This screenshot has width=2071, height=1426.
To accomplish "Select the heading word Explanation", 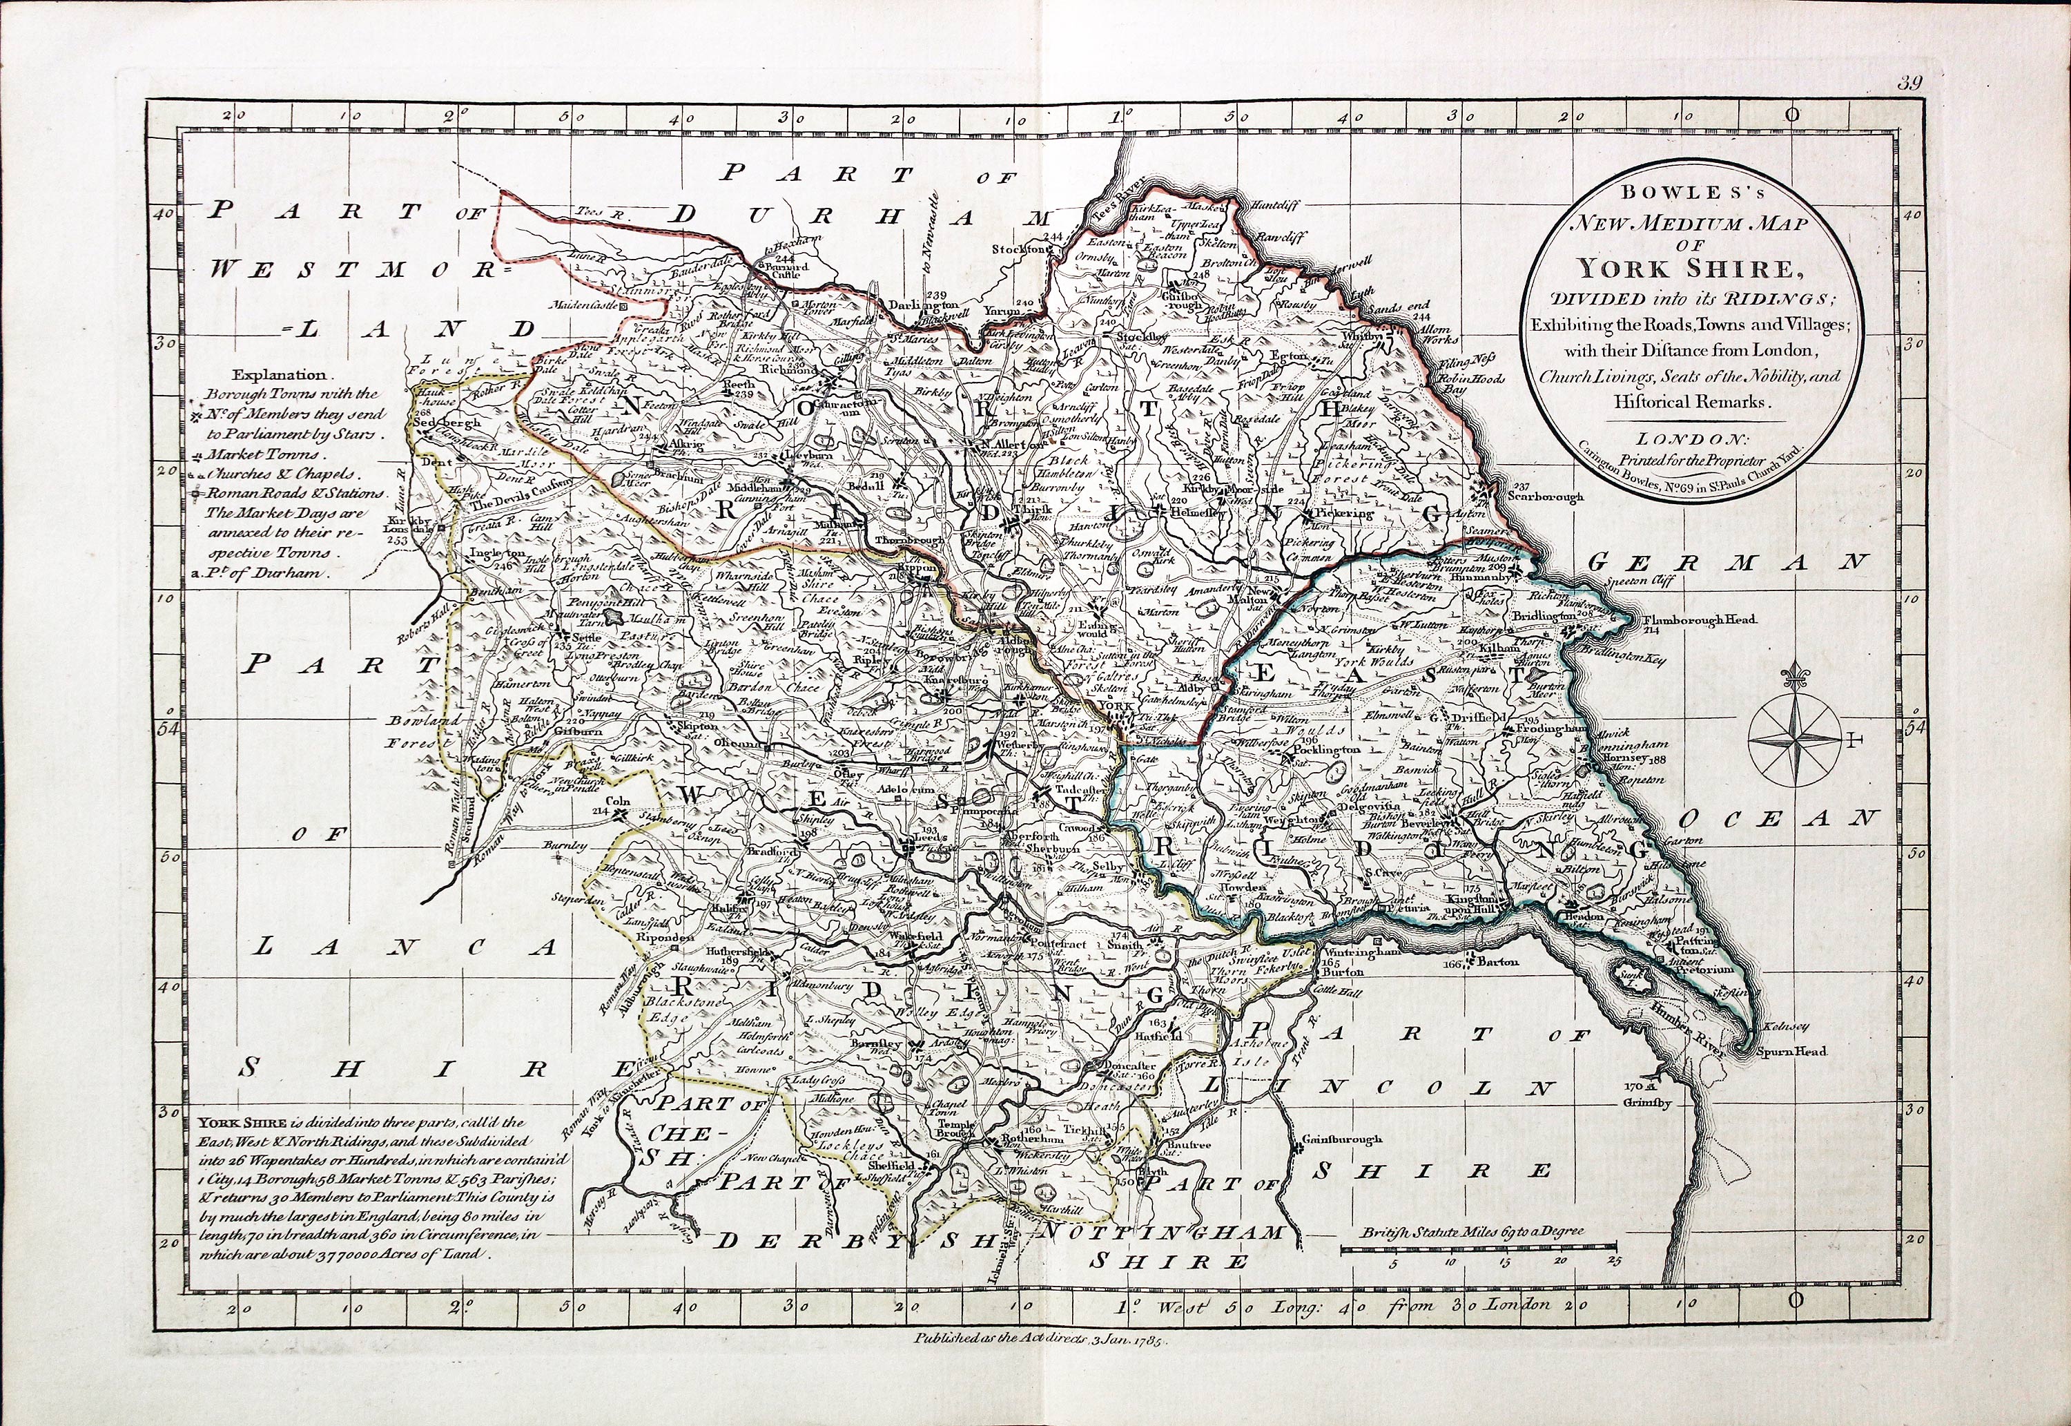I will pos(280,376).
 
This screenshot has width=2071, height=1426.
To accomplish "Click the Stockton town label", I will pos(1018,249).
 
